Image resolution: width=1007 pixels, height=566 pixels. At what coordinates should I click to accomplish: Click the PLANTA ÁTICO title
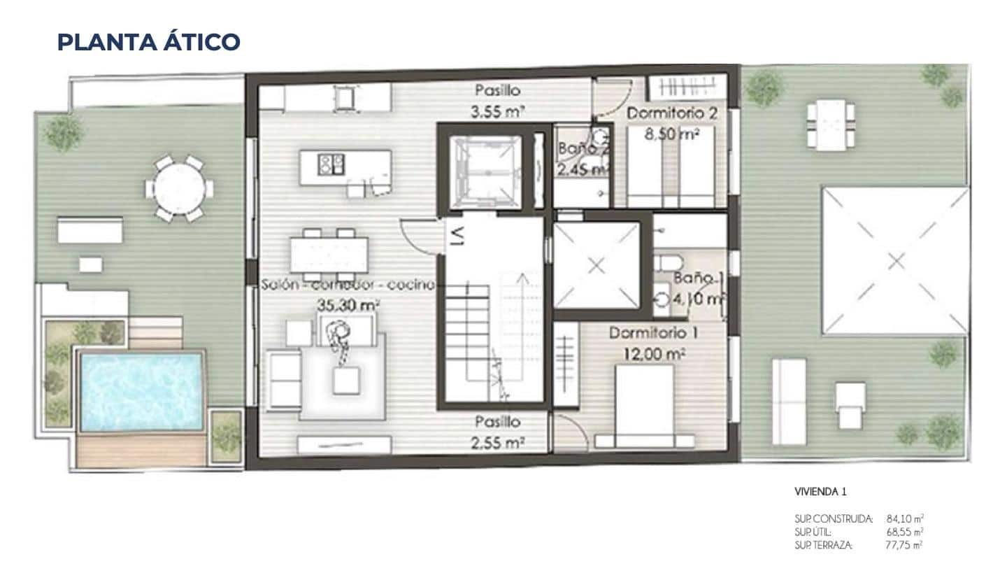click(148, 42)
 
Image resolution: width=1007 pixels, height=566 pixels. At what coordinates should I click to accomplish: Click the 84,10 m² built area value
click(906, 518)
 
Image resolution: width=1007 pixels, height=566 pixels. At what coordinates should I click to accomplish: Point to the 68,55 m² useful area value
click(906, 532)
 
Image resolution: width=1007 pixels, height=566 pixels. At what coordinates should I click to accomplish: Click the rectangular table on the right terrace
click(830, 125)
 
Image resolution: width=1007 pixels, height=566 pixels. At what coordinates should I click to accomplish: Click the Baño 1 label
click(697, 278)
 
